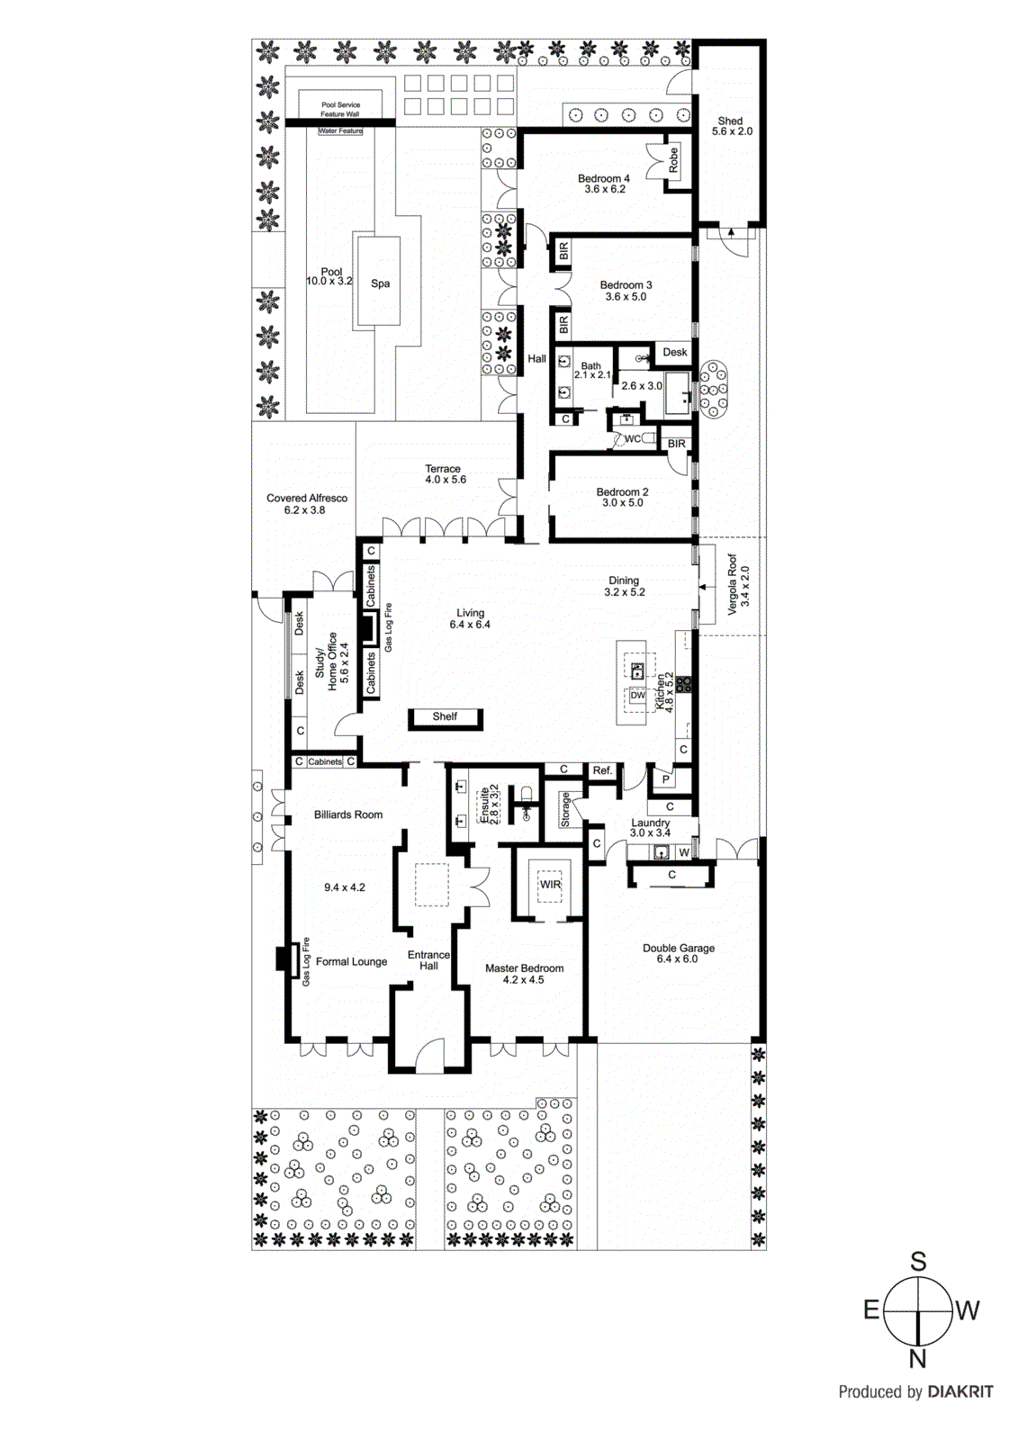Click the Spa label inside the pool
tap(380, 283)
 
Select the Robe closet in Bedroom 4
tap(673, 161)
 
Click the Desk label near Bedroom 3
tap(675, 352)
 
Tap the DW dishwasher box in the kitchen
tap(637, 695)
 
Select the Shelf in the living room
tap(445, 717)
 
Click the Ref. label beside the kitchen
tap(602, 770)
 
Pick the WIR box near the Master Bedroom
tap(549, 885)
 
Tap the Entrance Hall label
tap(428, 960)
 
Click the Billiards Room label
tap(347, 814)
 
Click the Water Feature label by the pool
tap(340, 131)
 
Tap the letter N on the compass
tap(917, 1359)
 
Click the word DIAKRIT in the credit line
tap(959, 1392)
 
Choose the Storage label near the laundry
tap(565, 809)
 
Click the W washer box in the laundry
tap(684, 852)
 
